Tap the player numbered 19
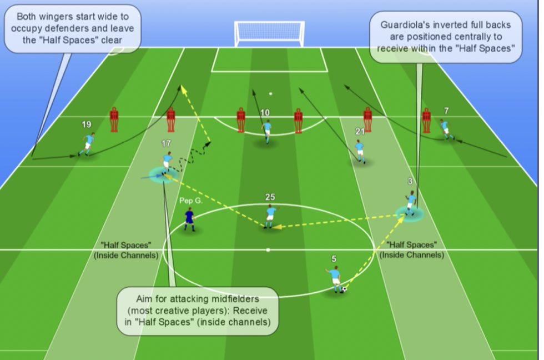88,144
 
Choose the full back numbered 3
411,202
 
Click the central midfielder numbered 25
270,216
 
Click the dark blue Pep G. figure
190,219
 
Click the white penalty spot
271,93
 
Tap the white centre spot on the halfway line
268,249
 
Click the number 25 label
270,197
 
